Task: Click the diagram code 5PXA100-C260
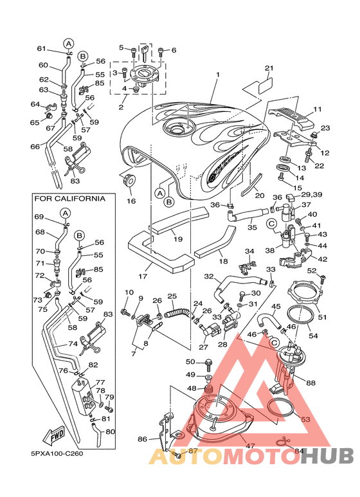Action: tap(57, 454)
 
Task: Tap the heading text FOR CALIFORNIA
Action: tap(69, 199)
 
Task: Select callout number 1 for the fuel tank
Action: tap(218, 75)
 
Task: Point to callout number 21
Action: tap(269, 68)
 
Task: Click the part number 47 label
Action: tap(250, 446)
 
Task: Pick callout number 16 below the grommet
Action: tap(131, 201)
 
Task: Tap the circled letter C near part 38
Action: tap(271, 224)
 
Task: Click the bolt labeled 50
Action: tap(209, 364)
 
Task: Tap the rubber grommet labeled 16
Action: tap(129, 181)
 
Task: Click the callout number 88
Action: tap(311, 383)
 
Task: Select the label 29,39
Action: tap(303, 194)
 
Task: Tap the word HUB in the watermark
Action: tap(327, 456)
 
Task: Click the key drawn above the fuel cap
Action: tap(145, 53)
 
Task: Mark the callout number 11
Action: tap(317, 109)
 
